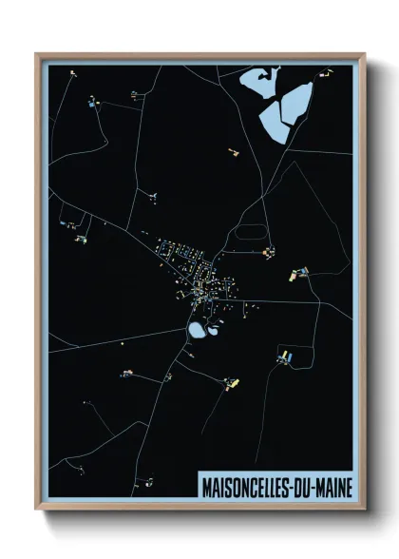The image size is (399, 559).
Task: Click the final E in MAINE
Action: click(348, 487)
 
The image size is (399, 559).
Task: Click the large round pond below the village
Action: click(197, 330)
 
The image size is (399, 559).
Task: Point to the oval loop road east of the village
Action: click(249, 231)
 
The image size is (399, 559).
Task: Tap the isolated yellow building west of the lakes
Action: click(231, 150)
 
